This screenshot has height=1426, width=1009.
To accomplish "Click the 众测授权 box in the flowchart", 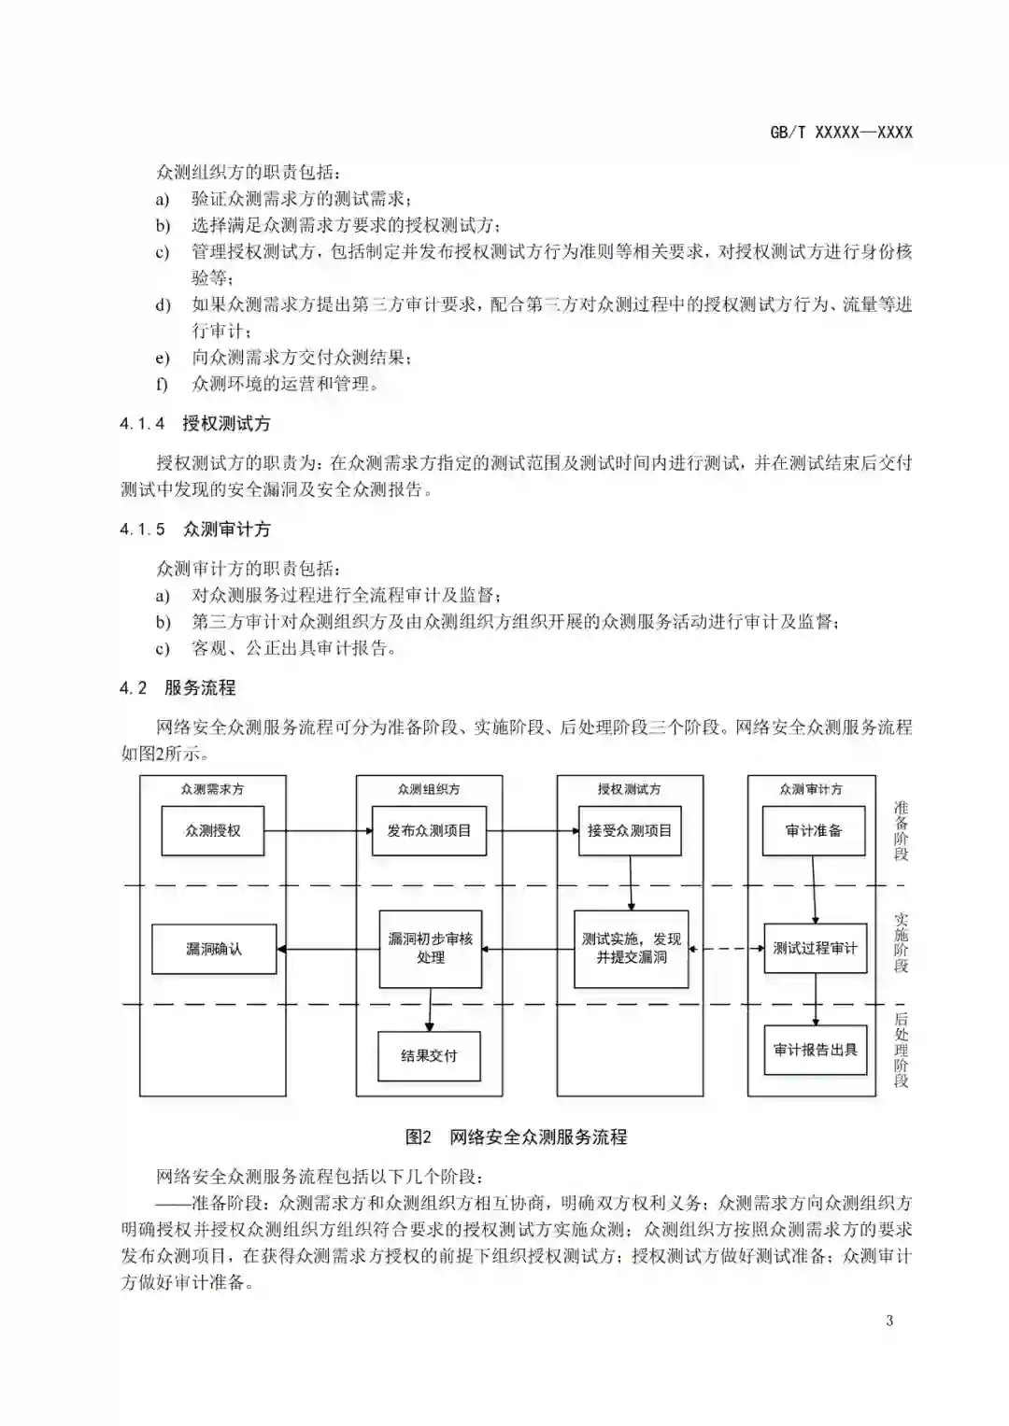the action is [213, 830].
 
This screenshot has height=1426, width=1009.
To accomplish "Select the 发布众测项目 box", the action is [430, 830].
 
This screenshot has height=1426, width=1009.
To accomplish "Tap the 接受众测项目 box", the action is [630, 830].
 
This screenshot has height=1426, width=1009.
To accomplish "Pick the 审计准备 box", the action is [814, 830].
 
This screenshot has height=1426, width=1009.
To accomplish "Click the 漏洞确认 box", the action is [214, 949].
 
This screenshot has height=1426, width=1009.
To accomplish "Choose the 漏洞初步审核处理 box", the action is [431, 949].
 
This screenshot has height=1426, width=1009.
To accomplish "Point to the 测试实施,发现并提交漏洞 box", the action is [631, 949].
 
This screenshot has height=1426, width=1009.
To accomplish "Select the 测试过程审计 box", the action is [815, 949].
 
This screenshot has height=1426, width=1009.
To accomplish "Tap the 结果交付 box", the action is [429, 1056].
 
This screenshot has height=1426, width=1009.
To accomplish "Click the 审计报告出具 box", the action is [815, 1050].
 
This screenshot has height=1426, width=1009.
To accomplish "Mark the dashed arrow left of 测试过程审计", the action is [727, 949].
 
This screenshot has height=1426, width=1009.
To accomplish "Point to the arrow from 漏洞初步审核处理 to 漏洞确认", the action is [328, 950].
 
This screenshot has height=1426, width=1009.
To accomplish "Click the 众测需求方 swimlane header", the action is [213, 789].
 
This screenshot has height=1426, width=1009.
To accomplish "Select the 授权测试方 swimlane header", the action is [630, 789].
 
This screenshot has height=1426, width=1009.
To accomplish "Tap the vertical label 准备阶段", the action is [901, 830].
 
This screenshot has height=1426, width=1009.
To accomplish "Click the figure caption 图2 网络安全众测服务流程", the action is [516, 1137].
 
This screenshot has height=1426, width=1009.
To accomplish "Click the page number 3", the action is [889, 1320].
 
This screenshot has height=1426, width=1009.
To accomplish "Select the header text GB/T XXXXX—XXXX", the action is [841, 133].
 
